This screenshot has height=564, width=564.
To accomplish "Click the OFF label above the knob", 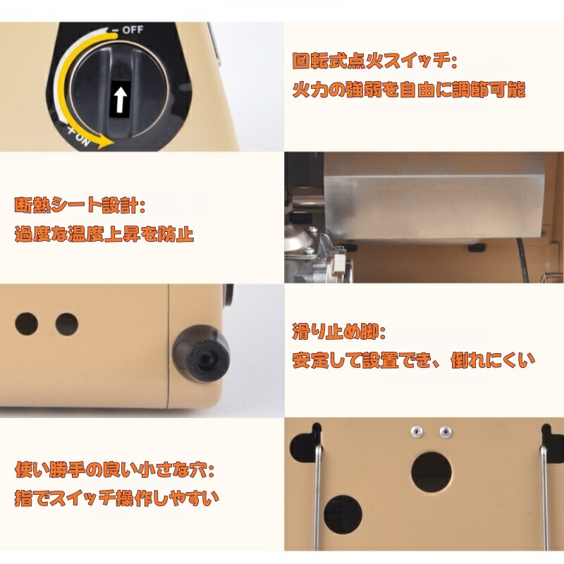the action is [x=133, y=30].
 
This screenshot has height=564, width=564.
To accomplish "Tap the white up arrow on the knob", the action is [x=120, y=98].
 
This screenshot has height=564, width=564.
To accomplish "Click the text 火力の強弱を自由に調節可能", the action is [x=409, y=90].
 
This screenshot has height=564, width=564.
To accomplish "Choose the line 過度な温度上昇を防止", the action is [x=104, y=234].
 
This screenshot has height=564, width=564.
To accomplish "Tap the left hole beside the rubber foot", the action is [x=27, y=324].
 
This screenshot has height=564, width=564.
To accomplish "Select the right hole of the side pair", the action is [x=67, y=324].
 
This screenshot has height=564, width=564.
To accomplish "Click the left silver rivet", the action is [x=417, y=431].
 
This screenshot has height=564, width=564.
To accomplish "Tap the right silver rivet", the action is [x=446, y=431].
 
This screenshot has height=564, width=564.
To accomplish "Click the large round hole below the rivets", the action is [x=431, y=472].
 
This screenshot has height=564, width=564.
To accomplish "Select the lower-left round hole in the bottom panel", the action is [x=343, y=515].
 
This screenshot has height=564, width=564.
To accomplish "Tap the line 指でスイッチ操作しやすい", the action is [x=117, y=498].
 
